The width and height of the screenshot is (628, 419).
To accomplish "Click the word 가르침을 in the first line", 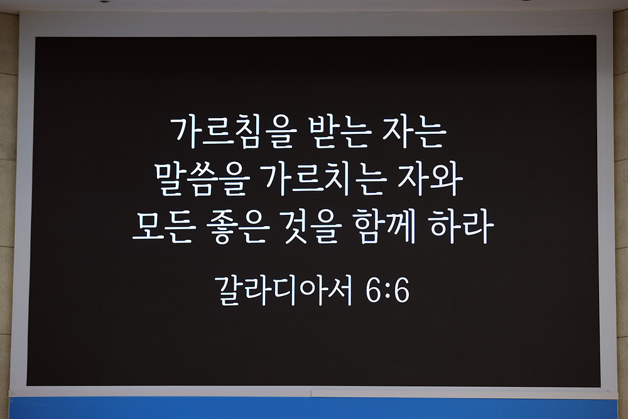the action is [233, 133].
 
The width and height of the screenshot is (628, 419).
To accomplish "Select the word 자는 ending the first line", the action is [415, 133].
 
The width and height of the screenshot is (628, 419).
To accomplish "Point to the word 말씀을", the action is [202, 180].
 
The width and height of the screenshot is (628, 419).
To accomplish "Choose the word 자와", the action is [431, 180].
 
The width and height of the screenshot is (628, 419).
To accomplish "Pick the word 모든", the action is [165, 227].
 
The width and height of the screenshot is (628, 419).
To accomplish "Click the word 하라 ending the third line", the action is [462, 226].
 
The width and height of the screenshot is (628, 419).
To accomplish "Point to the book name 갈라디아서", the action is [284, 290].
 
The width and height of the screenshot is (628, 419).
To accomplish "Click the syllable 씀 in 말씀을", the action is [202, 180].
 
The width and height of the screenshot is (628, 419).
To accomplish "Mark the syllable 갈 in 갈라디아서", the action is [230, 290].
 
